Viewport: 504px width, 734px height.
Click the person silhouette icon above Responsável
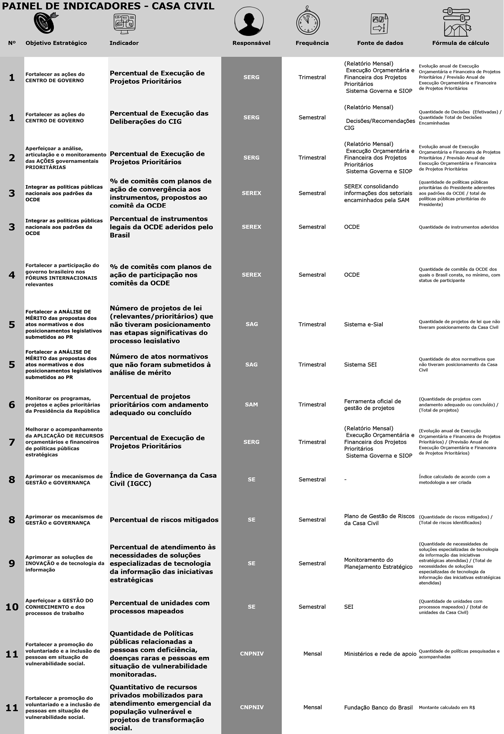(x=249, y=21)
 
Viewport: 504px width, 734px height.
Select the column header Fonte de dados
(x=380, y=43)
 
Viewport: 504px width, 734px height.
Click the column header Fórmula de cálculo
(x=460, y=43)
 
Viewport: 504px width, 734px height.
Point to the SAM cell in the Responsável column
(x=251, y=405)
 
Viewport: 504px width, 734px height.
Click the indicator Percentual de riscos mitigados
(x=164, y=520)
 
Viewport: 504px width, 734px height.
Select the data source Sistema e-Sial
(x=363, y=324)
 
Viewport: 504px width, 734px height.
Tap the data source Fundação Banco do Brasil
(x=378, y=707)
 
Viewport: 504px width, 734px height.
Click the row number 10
(x=12, y=607)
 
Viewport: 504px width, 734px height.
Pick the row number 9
(x=12, y=563)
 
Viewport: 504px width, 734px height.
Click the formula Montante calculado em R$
(x=447, y=707)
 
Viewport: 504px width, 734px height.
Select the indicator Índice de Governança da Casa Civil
(x=163, y=479)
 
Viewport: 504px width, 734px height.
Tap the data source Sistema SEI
(x=360, y=365)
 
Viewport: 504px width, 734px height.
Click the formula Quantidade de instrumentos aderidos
(x=458, y=227)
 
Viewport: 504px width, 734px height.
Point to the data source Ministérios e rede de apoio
(x=380, y=654)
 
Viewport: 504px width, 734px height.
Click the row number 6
(x=12, y=405)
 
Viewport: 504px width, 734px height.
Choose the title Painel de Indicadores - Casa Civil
(x=108, y=6)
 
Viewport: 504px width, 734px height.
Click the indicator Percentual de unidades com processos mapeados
(x=159, y=607)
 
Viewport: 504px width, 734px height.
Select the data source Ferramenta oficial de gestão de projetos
(x=372, y=405)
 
